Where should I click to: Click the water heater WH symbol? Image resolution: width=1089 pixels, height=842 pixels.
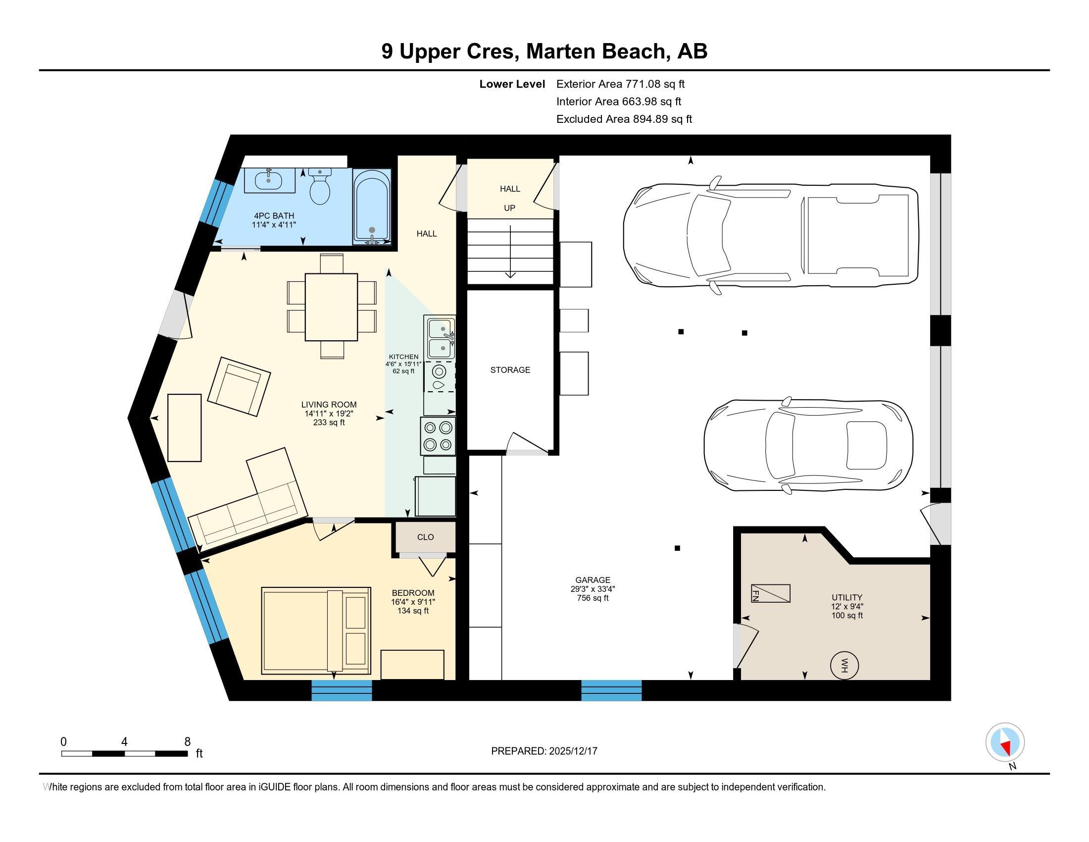point(843,665)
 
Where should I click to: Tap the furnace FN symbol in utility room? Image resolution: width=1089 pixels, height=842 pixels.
point(770,593)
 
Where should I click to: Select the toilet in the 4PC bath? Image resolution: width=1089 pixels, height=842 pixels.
point(320,187)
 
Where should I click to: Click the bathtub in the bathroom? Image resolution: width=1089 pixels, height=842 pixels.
point(371,206)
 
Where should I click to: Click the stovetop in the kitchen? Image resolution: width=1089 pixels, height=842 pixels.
point(438,436)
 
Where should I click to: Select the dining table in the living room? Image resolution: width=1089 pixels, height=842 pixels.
point(331,307)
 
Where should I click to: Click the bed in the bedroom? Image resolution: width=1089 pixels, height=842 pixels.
point(315,631)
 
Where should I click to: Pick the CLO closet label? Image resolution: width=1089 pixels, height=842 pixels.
point(425,537)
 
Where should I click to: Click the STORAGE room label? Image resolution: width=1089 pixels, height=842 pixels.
point(510,369)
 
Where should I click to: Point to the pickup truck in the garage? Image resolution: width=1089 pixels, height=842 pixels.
point(770,234)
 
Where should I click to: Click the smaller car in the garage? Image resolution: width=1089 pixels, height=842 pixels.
point(808,445)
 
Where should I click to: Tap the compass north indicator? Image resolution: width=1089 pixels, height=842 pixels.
point(1005,743)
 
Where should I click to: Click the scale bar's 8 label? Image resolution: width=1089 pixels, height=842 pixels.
point(188,742)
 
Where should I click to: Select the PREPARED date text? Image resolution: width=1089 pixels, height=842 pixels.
point(544,751)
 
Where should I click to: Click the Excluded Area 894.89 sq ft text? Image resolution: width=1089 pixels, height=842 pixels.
point(624,119)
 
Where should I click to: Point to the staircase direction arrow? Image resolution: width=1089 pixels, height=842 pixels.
point(510,252)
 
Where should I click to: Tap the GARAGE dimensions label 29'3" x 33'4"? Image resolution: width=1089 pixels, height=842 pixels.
point(593,588)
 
